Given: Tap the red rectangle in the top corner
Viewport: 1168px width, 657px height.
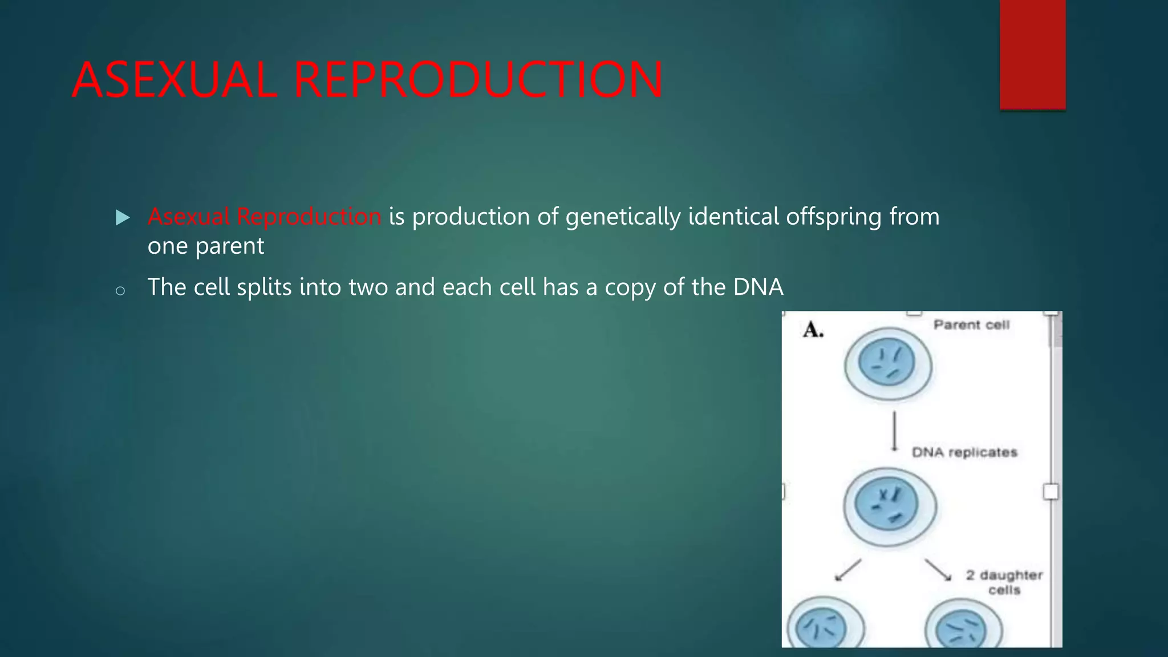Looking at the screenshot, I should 1032,54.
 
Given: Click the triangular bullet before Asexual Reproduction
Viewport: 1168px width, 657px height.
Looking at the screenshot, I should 123,217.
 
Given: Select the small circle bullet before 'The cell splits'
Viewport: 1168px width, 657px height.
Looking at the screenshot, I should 120,291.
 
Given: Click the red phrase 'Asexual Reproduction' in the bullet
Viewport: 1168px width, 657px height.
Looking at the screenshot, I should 264,217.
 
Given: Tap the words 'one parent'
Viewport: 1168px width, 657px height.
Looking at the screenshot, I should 205,246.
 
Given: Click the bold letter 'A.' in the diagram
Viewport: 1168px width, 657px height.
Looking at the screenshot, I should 813,330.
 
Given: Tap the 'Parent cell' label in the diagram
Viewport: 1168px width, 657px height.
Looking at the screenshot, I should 971,325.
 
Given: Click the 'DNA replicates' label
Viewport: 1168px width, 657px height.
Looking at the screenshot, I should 964,452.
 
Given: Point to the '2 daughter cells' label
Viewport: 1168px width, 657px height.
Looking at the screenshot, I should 1004,582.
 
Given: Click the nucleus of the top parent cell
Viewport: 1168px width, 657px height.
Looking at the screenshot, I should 887,363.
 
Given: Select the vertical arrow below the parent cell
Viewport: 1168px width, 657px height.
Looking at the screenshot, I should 894,431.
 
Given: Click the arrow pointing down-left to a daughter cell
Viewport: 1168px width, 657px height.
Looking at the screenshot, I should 847,570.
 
